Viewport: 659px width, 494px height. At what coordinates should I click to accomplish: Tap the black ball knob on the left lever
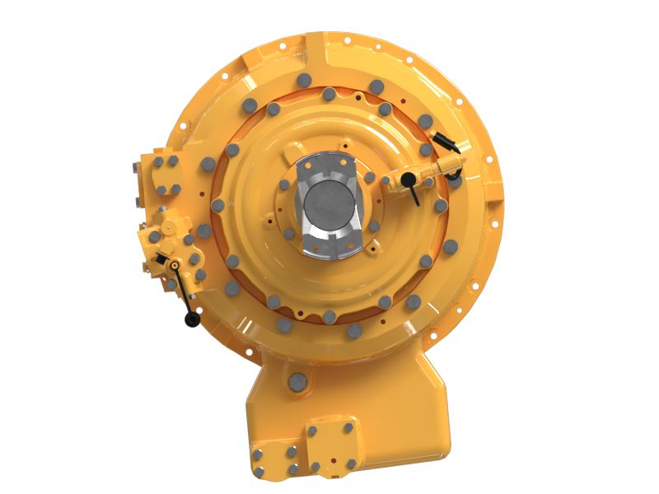(192, 319)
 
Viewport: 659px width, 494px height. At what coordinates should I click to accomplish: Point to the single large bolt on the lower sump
(297, 381)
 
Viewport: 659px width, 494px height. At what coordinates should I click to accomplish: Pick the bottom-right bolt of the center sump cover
(351, 464)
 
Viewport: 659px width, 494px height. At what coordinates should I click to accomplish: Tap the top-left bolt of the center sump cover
(313, 429)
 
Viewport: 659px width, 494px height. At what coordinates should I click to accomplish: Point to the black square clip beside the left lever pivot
(161, 263)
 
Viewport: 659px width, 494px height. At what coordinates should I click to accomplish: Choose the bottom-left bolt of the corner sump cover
(259, 472)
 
